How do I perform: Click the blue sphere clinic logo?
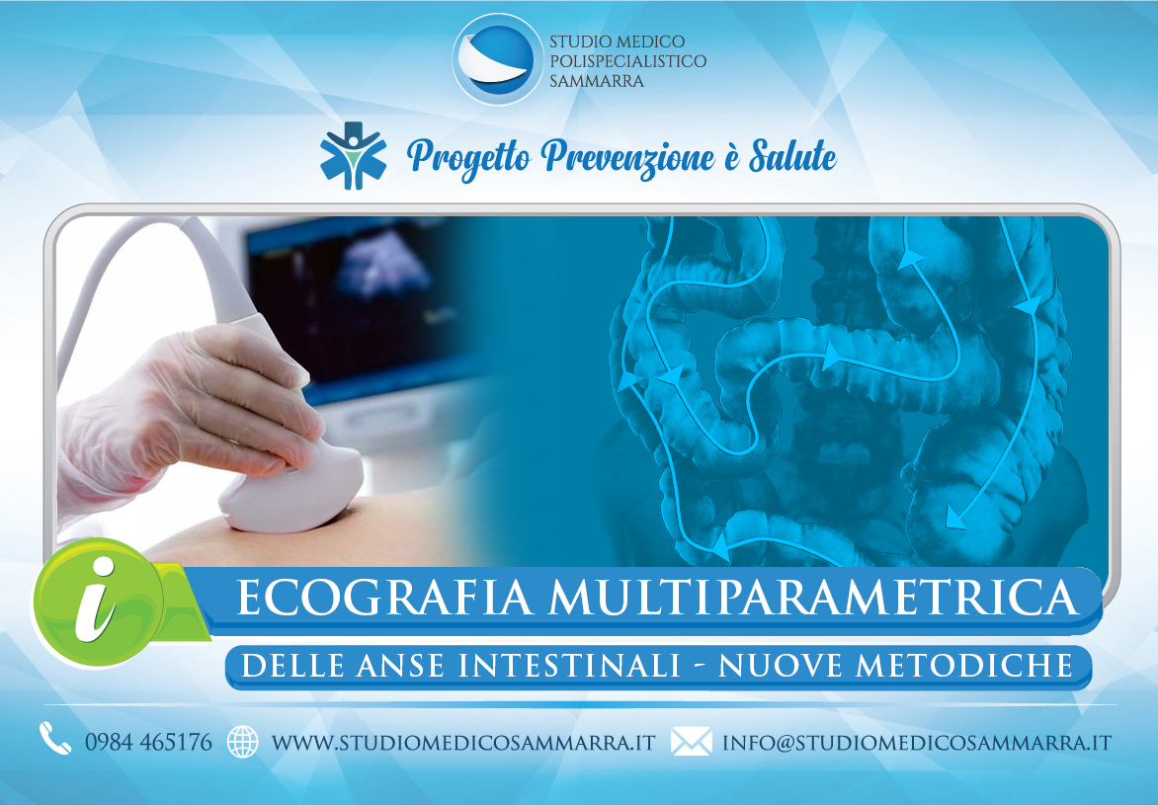[497, 59]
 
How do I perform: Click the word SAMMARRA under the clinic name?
[597, 81]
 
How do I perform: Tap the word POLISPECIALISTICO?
[627, 61]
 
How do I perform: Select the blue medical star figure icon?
[353, 155]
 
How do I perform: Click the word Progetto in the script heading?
[469, 158]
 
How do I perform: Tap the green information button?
[98, 602]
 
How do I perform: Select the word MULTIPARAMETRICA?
[812, 598]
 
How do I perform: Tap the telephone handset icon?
[54, 739]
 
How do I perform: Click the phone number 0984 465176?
[148, 742]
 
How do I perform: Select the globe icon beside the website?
[243, 742]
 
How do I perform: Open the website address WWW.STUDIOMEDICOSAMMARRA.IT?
[463, 742]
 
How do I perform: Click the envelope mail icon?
[692, 742]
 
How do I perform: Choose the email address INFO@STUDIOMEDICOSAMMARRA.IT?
[917, 742]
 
